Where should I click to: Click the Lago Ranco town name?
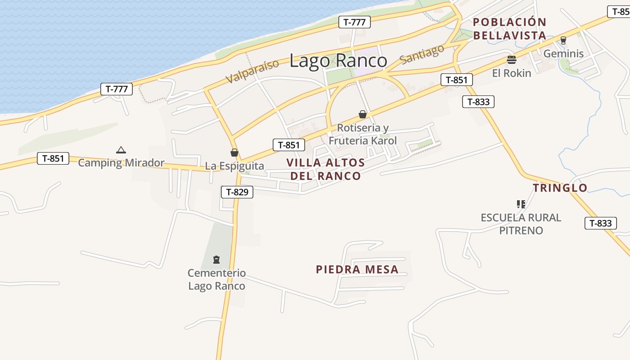(x=338, y=61)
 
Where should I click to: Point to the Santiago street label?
(x=422, y=54)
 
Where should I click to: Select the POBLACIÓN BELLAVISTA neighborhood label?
(x=509, y=28)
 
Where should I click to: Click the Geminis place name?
(x=563, y=54)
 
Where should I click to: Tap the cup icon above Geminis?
(x=563, y=40)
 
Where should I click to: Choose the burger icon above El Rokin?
(x=511, y=59)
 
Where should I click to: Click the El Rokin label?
(x=511, y=73)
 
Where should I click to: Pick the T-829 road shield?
(x=237, y=192)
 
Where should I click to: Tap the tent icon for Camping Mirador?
(x=121, y=150)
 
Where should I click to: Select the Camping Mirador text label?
(x=121, y=162)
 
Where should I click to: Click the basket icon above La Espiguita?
(x=234, y=153)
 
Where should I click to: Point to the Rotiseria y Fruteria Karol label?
(x=363, y=134)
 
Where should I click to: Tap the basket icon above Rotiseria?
(x=363, y=114)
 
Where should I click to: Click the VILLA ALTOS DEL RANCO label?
(x=325, y=169)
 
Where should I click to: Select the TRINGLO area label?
(x=560, y=188)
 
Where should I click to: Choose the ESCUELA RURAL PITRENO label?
(x=521, y=224)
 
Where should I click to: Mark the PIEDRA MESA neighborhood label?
(x=357, y=270)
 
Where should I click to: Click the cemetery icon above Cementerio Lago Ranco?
(x=216, y=259)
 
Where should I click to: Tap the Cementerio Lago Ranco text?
(x=216, y=279)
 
